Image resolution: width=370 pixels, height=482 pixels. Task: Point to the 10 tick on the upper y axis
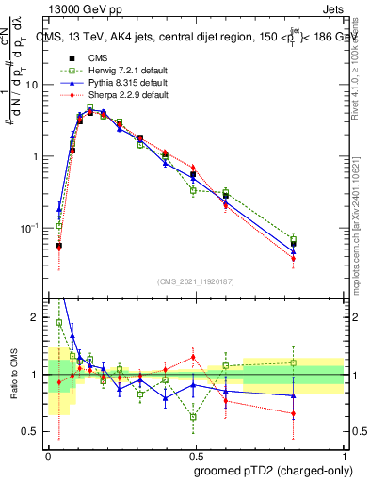point(31,85)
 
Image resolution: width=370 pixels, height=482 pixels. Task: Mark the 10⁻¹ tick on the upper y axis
point(29,229)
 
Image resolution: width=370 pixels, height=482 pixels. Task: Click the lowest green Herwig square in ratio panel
point(193,416)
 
